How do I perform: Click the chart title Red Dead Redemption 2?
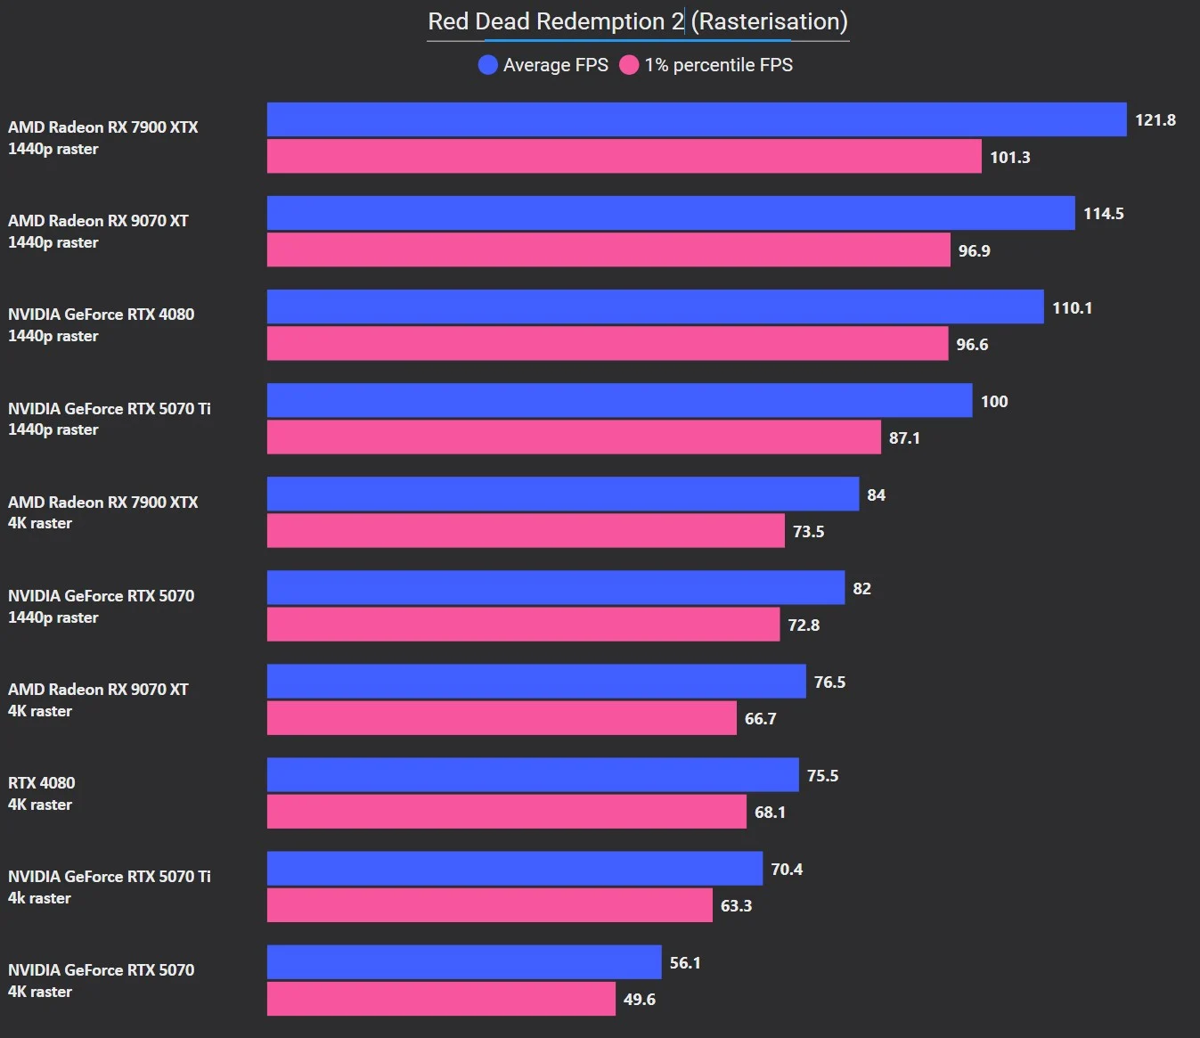pyautogui.click(x=637, y=21)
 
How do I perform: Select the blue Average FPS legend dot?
pyautogui.click(x=487, y=65)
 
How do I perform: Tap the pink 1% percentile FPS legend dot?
pyautogui.click(x=629, y=65)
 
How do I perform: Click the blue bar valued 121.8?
pyautogui.click(x=697, y=119)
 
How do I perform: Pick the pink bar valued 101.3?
pyautogui.click(x=624, y=157)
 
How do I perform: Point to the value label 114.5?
pyautogui.click(x=1103, y=214)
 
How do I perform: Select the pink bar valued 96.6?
pyautogui.click(x=608, y=344)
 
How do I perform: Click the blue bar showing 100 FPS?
pyautogui.click(x=619, y=401)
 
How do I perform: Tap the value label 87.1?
pyautogui.click(x=904, y=438)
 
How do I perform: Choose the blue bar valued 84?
pyautogui.click(x=563, y=494)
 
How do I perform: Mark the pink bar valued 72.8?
pyautogui.click(x=523, y=625)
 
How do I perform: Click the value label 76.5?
pyautogui.click(x=829, y=682)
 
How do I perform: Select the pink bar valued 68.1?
pyautogui.click(x=506, y=812)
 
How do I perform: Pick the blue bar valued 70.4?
pyautogui.click(x=515, y=869)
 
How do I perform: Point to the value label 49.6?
pyautogui.click(x=639, y=1000)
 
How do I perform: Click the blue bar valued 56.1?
pyautogui.click(x=464, y=962)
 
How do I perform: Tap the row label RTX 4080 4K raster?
pyautogui.click(x=42, y=794)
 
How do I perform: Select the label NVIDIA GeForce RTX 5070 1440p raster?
pyautogui.click(x=101, y=607)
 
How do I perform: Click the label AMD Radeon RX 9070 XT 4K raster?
pyautogui.click(x=98, y=700)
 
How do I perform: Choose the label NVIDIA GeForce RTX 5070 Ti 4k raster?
pyautogui.click(x=109, y=887)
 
